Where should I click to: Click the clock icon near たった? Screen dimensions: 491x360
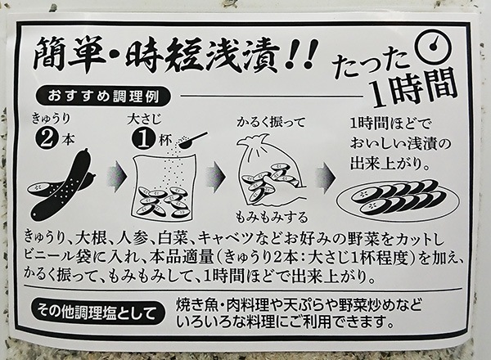(x=434, y=46)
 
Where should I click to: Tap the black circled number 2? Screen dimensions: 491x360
(x=47, y=140)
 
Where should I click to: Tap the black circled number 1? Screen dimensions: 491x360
(x=143, y=140)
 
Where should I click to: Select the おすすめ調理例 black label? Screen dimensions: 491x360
(x=103, y=97)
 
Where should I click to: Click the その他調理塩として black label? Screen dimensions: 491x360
(x=97, y=312)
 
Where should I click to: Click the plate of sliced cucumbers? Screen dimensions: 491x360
(x=398, y=199)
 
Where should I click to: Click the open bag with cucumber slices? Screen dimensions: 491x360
(x=163, y=189)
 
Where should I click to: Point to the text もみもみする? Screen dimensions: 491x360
(x=271, y=217)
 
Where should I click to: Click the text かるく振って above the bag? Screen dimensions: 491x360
(x=270, y=123)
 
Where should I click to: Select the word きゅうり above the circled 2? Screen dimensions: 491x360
(x=50, y=119)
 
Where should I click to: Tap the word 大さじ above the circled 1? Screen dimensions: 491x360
(x=144, y=119)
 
